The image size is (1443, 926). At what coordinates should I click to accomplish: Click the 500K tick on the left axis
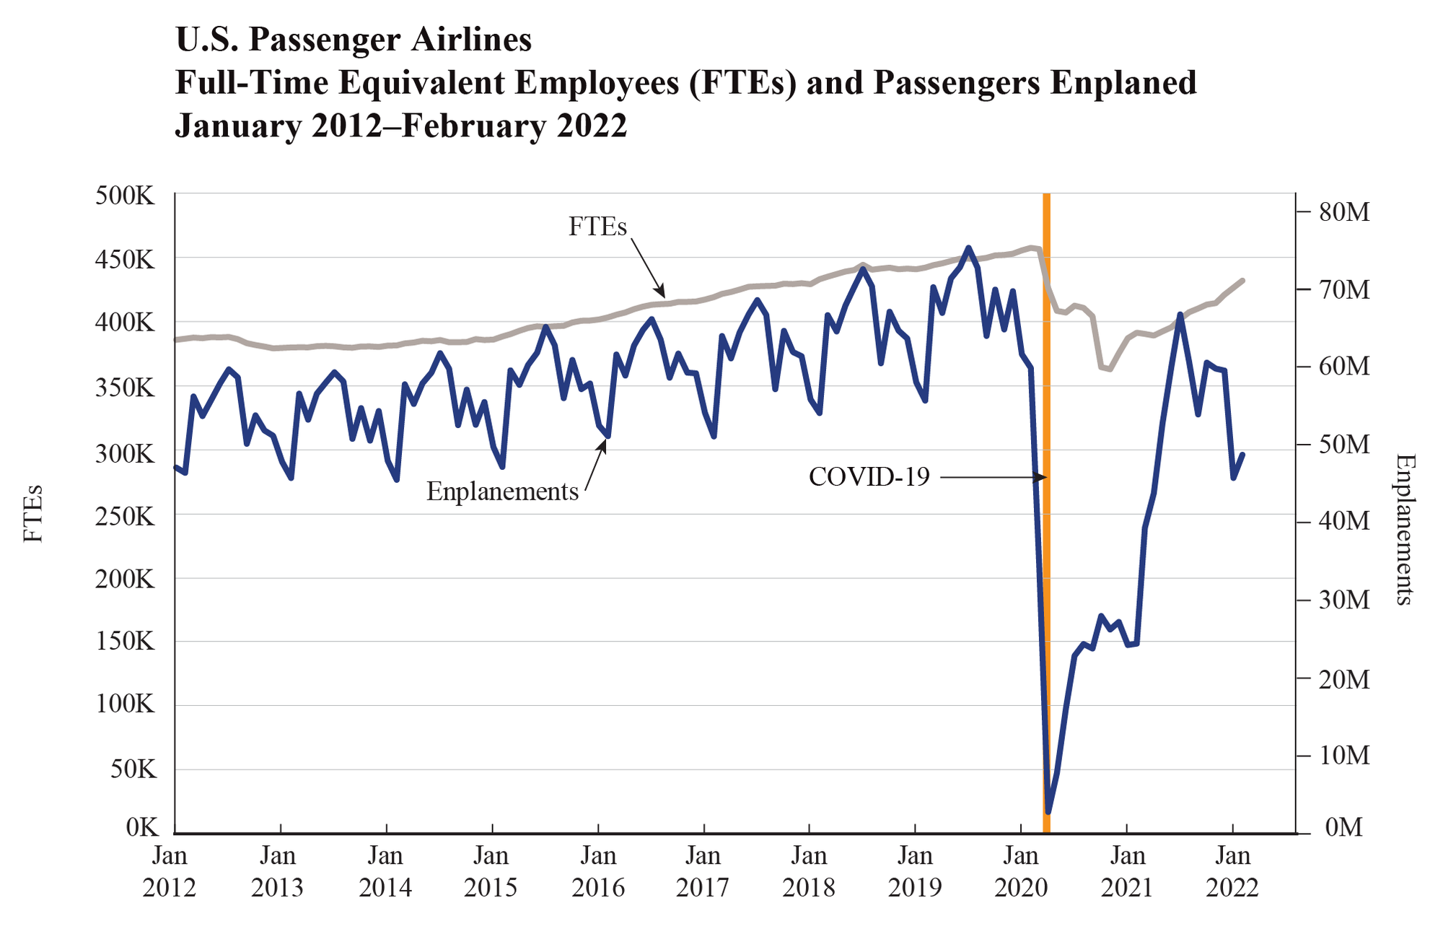click(125, 196)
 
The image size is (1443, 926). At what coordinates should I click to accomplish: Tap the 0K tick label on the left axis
click(141, 828)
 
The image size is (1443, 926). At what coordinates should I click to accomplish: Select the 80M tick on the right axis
click(1342, 212)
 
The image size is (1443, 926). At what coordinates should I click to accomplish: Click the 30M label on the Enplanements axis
click(1342, 600)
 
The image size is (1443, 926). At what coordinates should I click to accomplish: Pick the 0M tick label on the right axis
click(1343, 828)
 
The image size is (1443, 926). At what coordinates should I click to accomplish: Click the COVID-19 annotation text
click(869, 477)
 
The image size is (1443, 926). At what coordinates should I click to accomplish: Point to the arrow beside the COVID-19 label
click(993, 477)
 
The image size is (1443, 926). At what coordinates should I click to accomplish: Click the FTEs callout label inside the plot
click(597, 227)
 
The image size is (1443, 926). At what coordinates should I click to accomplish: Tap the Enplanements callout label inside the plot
click(502, 492)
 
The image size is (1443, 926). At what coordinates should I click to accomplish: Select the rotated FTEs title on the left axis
click(33, 514)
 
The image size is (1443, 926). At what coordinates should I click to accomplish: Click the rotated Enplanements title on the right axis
click(1403, 529)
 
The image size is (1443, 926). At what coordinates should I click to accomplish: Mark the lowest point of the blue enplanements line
click(1048, 812)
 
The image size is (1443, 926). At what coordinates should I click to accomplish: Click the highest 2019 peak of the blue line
click(968, 248)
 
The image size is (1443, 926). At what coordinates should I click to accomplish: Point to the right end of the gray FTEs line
click(1242, 280)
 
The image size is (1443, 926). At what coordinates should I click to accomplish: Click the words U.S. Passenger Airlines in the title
click(354, 40)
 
